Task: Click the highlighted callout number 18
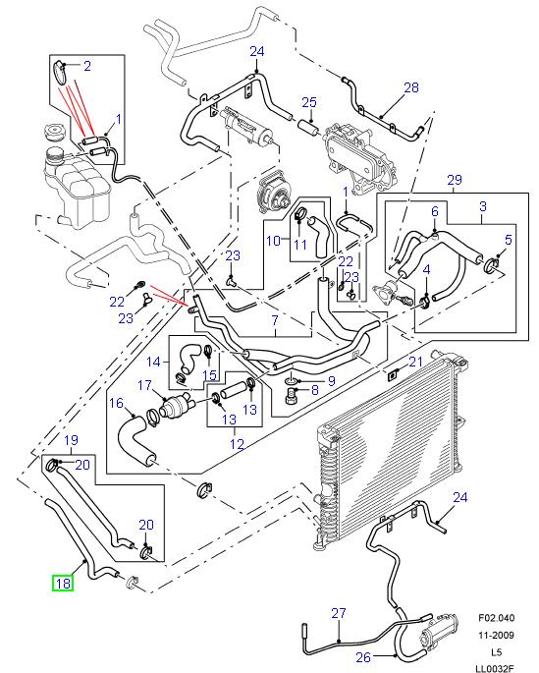point(63,583)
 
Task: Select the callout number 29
point(454,178)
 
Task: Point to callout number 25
point(309,102)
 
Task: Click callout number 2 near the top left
point(87,67)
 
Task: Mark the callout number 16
point(115,402)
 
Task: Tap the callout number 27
point(338,614)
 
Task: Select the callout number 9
point(332,381)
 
